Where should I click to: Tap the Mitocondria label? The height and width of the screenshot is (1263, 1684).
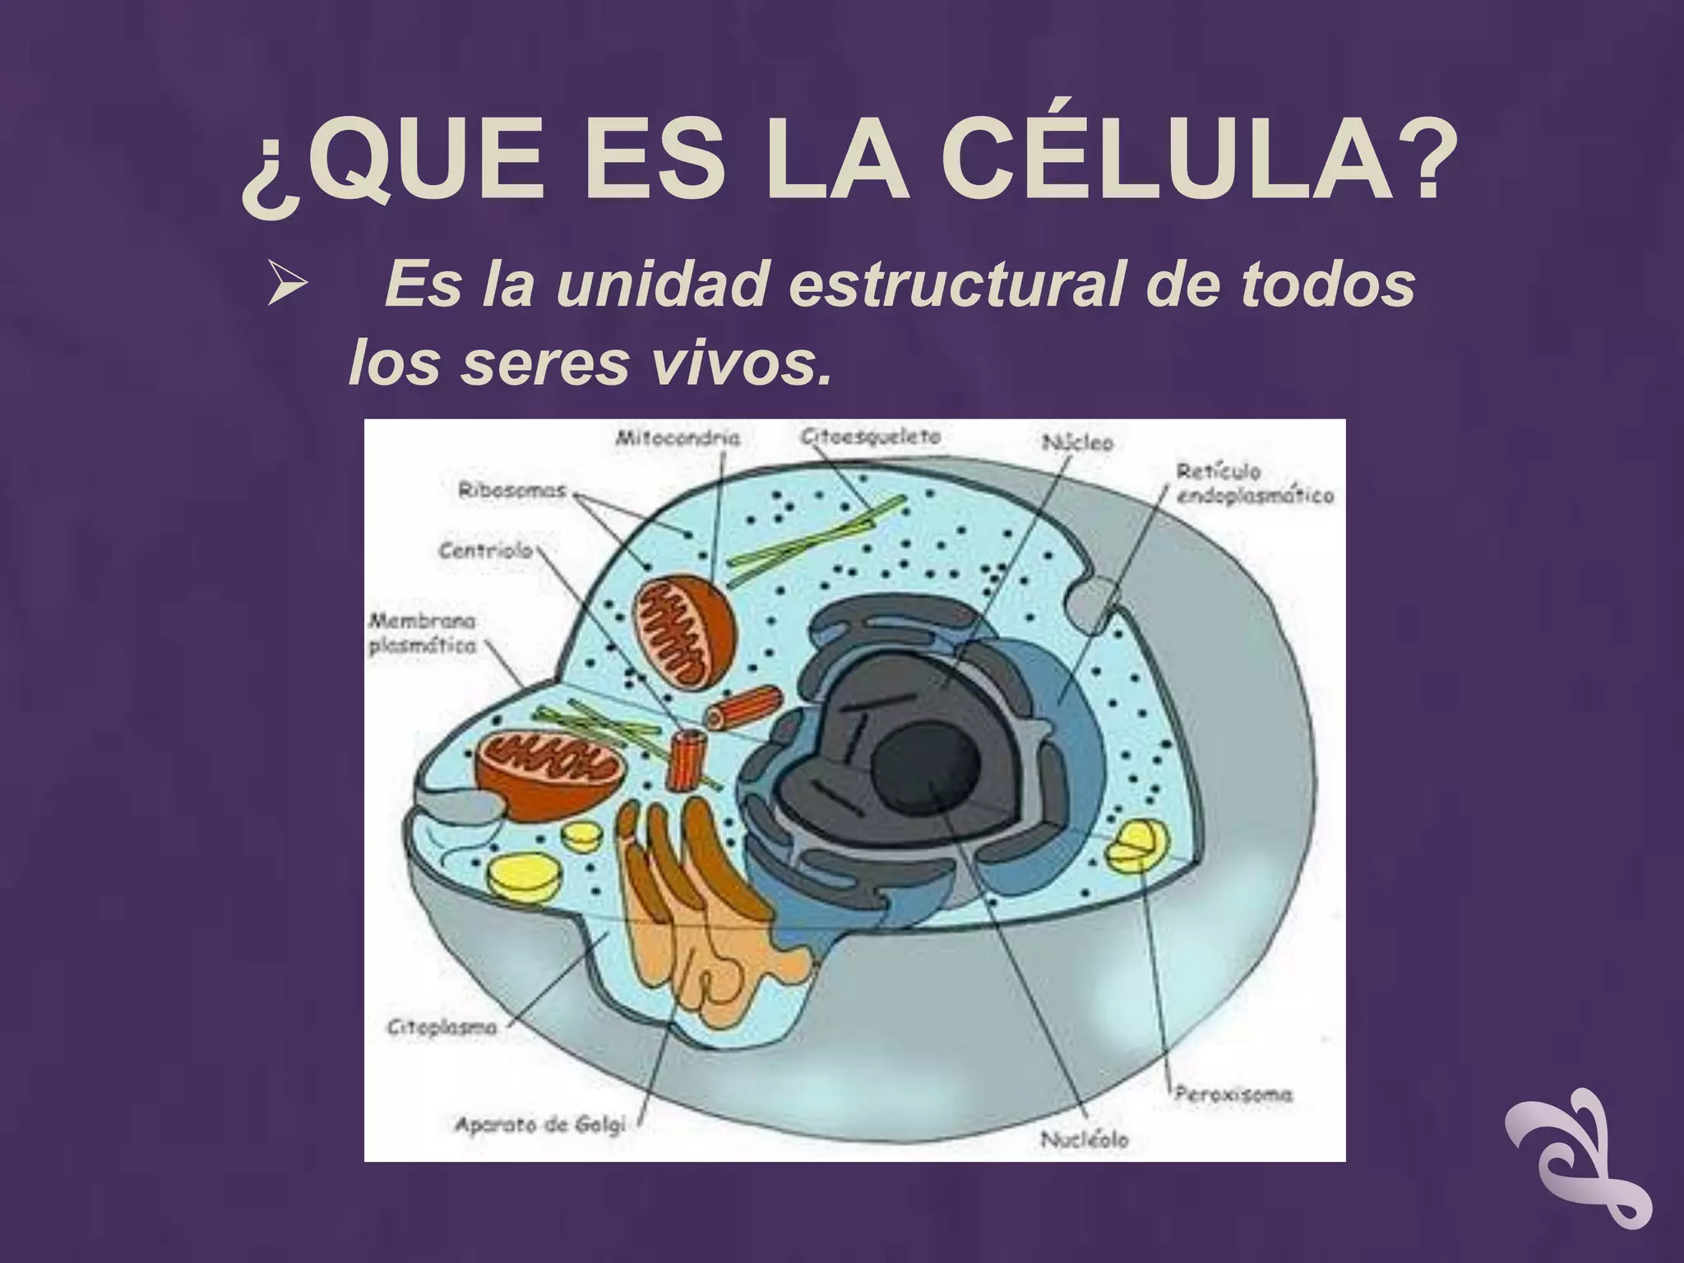click(678, 437)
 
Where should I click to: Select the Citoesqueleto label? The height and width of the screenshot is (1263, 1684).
click(871, 436)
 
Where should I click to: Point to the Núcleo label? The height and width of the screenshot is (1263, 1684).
click(1077, 442)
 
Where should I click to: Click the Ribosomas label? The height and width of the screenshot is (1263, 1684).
click(512, 490)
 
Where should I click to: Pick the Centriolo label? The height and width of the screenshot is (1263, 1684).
click(485, 549)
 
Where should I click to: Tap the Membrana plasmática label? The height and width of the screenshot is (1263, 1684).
click(422, 633)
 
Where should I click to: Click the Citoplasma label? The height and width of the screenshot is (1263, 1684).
click(442, 1027)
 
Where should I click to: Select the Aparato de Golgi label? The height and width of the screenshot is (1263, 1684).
click(540, 1124)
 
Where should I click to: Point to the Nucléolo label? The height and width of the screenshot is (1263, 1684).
click(1085, 1140)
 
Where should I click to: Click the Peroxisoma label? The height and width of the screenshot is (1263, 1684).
click(1233, 1094)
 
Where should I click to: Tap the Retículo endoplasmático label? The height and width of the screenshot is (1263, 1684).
click(1254, 483)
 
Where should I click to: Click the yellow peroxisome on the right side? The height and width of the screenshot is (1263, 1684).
click(1136, 847)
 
